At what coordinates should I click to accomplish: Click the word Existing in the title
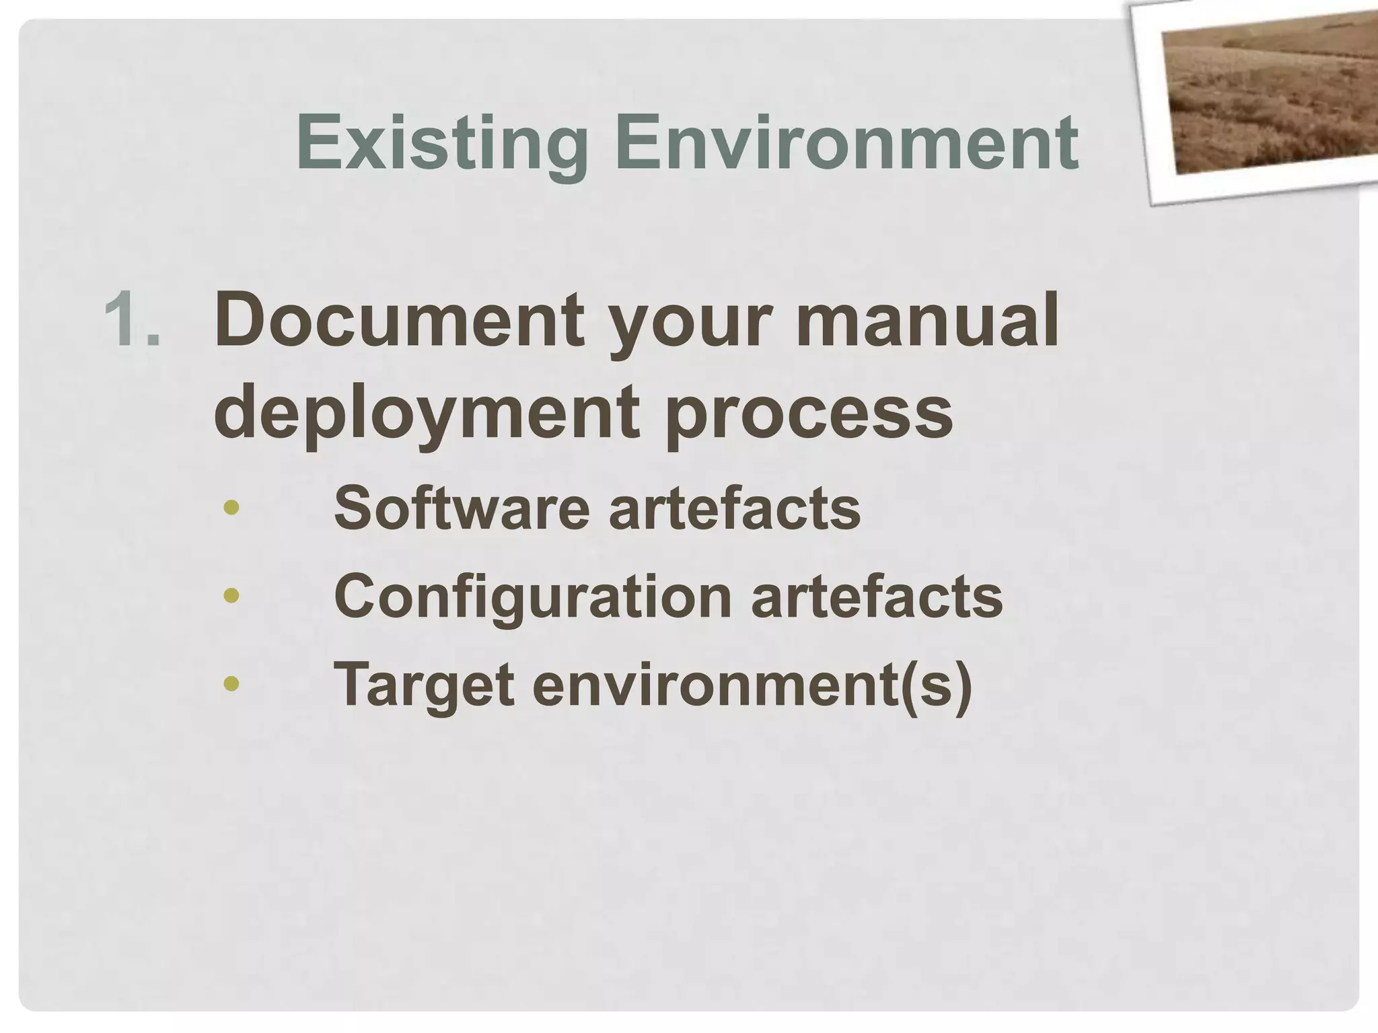(442, 143)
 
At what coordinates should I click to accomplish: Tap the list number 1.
(133, 320)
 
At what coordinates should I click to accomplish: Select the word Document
(399, 320)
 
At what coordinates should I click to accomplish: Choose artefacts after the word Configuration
(877, 597)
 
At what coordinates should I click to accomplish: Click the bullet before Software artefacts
(231, 508)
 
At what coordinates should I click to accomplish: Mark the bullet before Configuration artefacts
(231, 596)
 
